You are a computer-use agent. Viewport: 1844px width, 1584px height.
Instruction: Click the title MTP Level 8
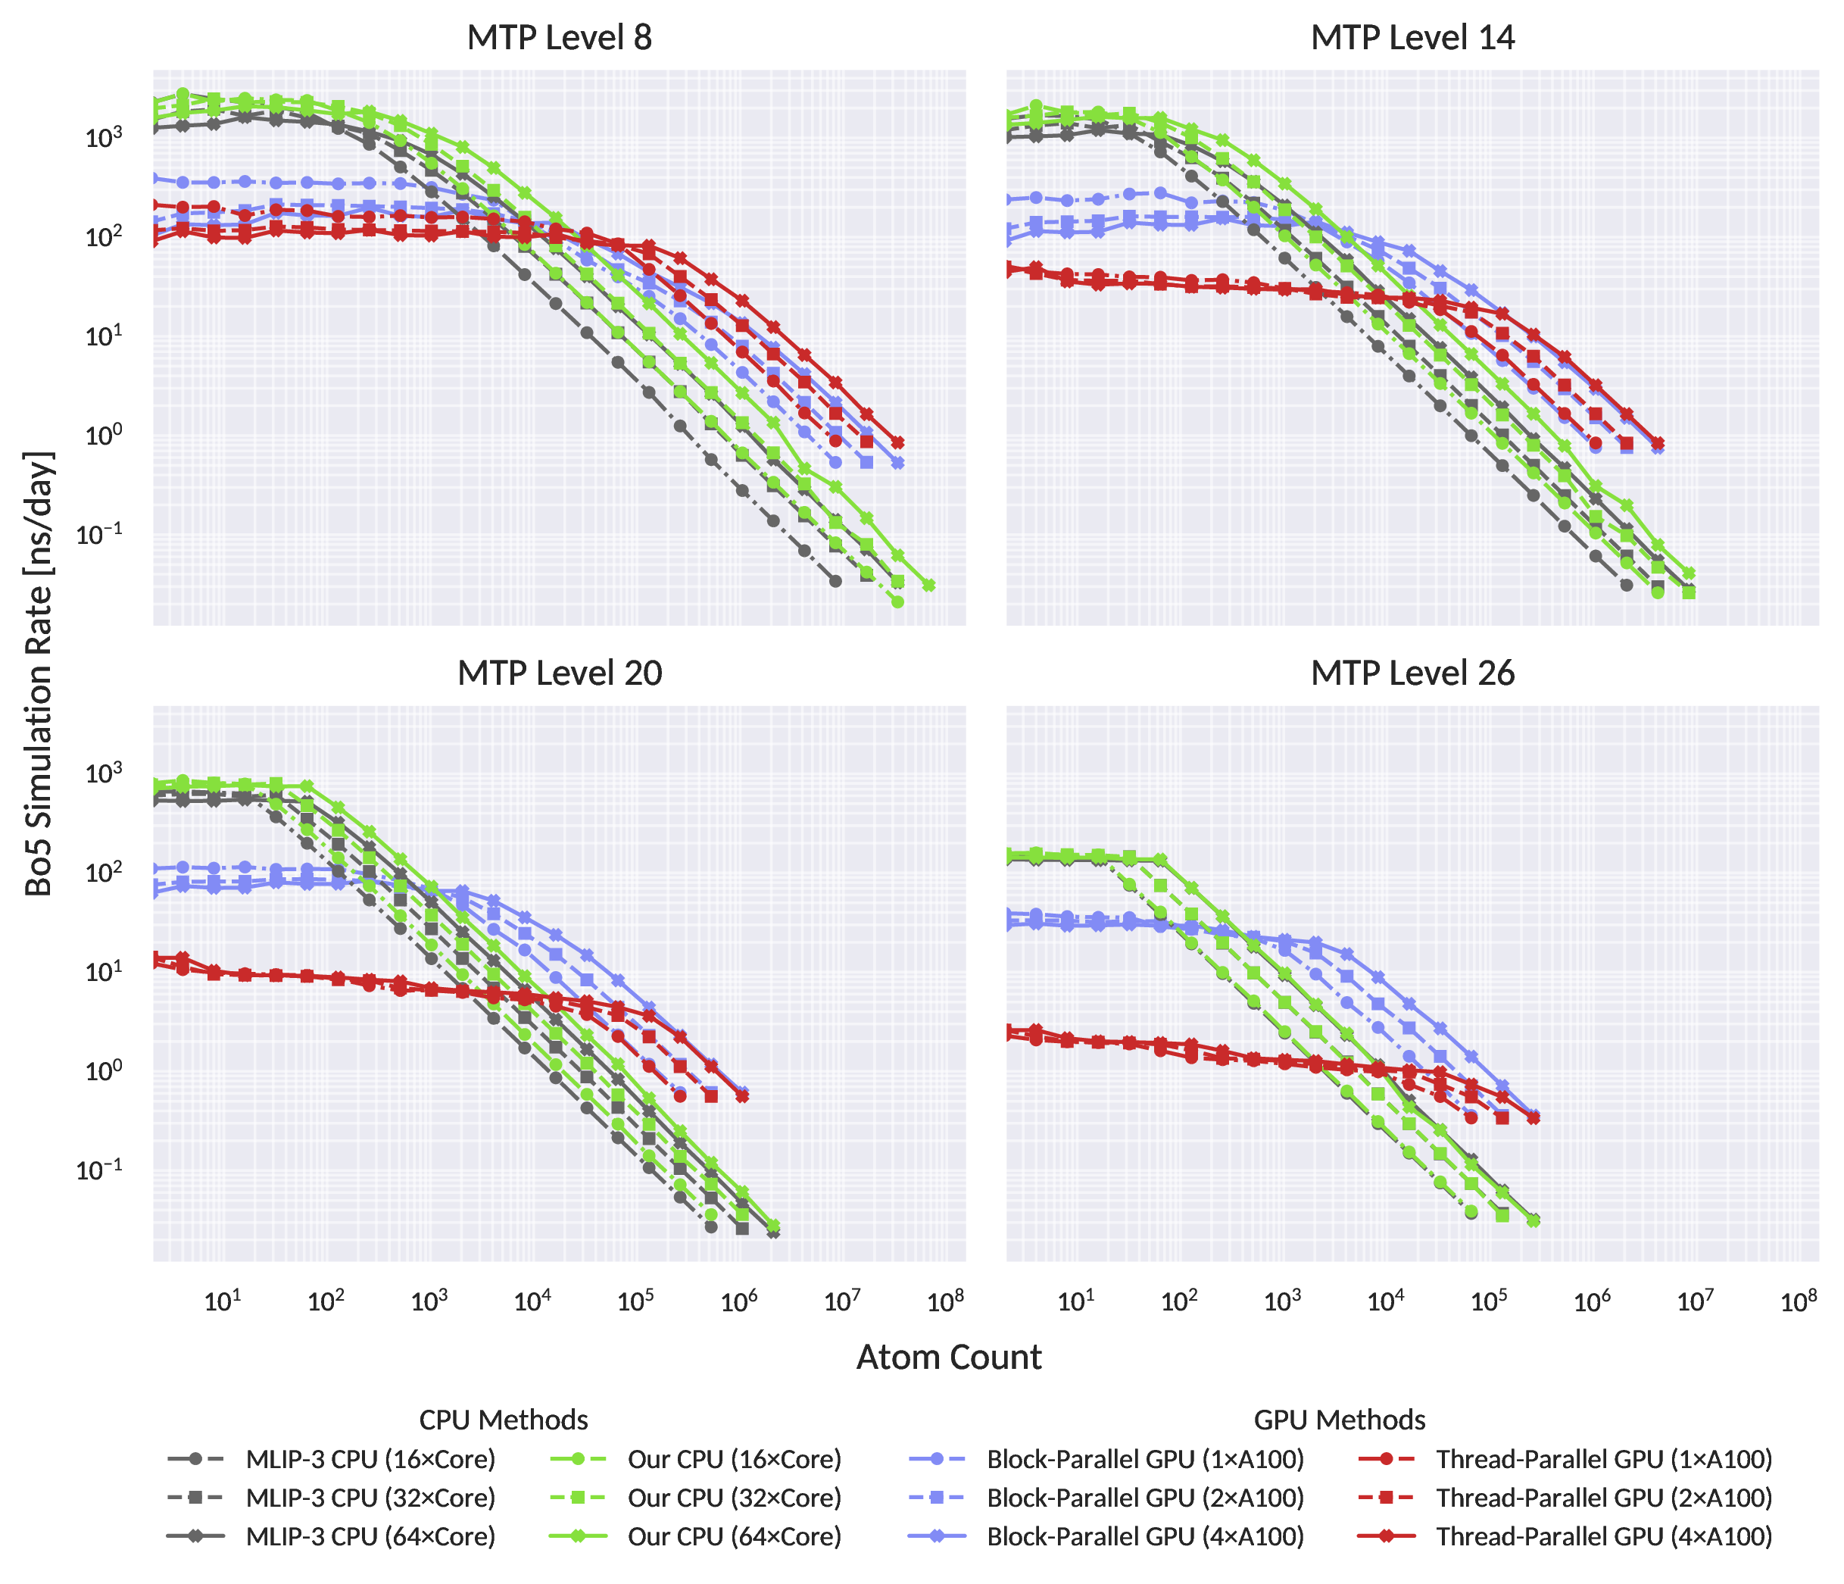point(559,39)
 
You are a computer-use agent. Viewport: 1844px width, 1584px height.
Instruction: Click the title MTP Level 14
point(1412,39)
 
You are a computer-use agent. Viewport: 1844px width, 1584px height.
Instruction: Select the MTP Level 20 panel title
point(559,674)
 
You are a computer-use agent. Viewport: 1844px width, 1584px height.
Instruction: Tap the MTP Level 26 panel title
point(1412,674)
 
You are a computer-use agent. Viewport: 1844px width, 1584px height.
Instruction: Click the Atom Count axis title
point(949,1357)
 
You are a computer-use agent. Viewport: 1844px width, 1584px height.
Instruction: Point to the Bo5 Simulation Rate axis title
point(39,673)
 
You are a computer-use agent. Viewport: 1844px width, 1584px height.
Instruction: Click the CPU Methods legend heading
point(504,1420)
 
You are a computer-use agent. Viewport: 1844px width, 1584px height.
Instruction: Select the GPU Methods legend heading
point(1340,1420)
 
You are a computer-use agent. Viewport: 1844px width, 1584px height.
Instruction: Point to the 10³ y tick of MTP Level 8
point(103,139)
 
